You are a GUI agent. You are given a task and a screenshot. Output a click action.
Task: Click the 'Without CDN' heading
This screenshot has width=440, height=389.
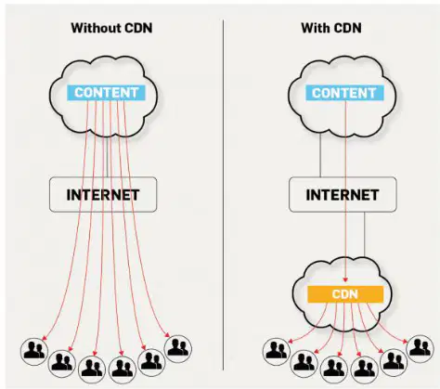coord(111,28)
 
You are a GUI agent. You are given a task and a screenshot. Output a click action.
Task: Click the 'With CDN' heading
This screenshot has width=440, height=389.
coord(331,28)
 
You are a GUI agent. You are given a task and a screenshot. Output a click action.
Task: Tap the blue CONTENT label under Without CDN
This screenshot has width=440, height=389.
coord(106,93)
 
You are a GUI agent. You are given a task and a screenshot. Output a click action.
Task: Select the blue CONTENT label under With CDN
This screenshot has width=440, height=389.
coord(344,93)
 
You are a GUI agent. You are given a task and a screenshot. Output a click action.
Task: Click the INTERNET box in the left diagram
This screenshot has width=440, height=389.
coord(103,195)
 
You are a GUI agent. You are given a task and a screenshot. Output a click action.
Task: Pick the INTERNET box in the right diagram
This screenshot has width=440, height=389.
coord(343,195)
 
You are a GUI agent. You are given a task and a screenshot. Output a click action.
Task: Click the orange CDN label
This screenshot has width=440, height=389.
coord(345,294)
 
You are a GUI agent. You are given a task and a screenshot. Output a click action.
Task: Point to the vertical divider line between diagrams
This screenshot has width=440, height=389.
coord(223,195)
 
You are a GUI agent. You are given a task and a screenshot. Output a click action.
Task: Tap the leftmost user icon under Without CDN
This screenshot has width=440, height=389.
coord(34,351)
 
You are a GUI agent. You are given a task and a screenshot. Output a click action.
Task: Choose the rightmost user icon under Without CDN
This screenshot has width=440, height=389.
coord(178,349)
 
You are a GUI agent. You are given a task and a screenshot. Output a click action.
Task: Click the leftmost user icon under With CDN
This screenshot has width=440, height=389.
coord(277,352)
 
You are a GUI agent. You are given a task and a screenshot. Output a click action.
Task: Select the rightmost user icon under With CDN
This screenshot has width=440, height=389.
coord(420,349)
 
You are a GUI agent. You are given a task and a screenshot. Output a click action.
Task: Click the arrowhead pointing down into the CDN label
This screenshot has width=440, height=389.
coord(345,279)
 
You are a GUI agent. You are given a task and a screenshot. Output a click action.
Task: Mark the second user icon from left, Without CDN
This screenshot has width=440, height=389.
coord(62,363)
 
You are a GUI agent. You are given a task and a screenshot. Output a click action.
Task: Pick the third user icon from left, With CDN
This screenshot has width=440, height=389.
coord(334,370)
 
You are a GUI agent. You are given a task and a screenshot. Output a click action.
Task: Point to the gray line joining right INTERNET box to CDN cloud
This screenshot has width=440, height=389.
coord(365,234)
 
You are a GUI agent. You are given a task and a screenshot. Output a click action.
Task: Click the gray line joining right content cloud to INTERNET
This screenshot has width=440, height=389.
coord(320,155)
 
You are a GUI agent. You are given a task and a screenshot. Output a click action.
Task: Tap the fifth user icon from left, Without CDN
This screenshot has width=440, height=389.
coord(151,362)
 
